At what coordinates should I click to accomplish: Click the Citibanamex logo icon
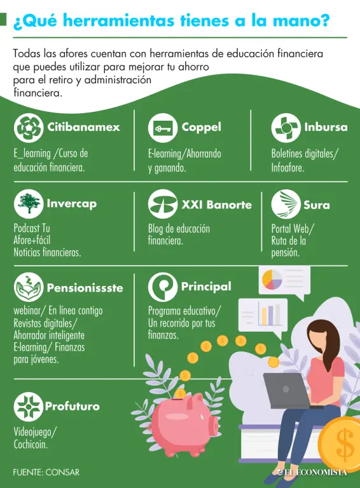[x=29, y=128]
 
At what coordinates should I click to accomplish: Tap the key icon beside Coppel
[x=163, y=128]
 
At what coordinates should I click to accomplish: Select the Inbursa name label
[x=326, y=127]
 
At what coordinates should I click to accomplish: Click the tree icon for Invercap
[x=29, y=203]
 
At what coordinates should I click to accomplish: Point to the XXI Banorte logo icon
[x=163, y=203]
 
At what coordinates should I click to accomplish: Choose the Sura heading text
[x=317, y=205]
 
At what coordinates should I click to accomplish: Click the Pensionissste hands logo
[x=29, y=287]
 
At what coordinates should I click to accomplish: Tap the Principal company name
[x=206, y=287]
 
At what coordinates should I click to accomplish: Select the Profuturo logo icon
[x=29, y=407]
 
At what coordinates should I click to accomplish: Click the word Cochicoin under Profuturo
[x=31, y=444]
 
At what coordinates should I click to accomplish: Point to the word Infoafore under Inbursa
[x=287, y=168]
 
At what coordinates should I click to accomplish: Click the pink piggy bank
[x=185, y=423]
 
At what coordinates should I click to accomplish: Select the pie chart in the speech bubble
[x=272, y=279]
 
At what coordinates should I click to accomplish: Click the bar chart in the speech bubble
[x=269, y=315]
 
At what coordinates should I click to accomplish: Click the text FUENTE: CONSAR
[x=46, y=472]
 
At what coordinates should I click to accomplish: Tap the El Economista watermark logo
[x=312, y=472]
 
